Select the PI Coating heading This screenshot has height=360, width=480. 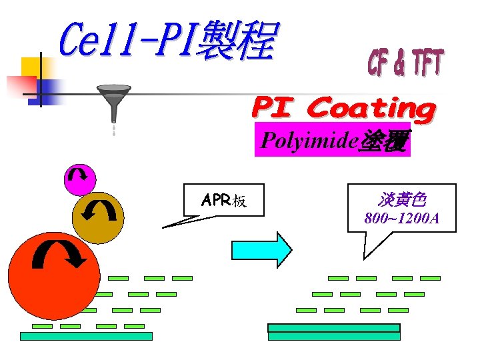343,109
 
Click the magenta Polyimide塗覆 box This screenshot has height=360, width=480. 333,141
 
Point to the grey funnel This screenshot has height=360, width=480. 114,100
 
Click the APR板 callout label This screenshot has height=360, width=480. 223,200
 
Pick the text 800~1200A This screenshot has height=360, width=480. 401,218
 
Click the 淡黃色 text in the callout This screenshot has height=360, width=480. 401,199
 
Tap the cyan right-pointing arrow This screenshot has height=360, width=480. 261,250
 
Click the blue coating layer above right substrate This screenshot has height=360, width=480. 333,328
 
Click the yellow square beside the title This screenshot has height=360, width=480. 31,67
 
